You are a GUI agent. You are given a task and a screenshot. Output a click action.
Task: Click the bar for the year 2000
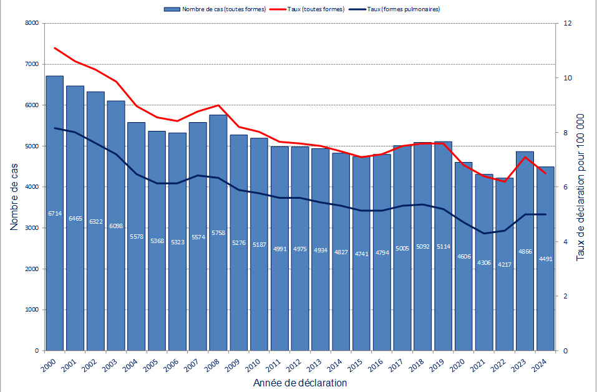click(55, 249)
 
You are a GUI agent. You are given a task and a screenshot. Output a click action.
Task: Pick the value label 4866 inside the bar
click(525, 252)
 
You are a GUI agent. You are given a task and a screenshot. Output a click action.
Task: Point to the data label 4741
click(361, 254)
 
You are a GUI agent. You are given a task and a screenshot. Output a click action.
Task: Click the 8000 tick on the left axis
click(31, 24)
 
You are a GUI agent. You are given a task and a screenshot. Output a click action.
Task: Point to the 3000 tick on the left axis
click(31, 228)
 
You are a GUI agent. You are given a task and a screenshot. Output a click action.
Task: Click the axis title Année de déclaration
click(300, 383)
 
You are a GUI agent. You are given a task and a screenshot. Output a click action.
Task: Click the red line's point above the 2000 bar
click(55, 48)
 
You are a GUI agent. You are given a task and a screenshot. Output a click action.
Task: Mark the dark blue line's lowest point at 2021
click(484, 234)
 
